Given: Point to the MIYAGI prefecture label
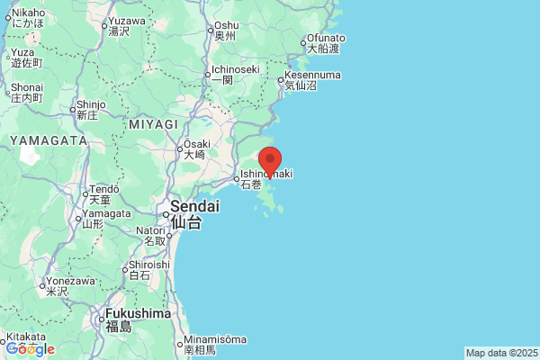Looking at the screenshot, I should (x=154, y=123).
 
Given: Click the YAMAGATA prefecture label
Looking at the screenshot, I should (x=49, y=140).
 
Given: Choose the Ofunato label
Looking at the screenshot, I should (x=326, y=38).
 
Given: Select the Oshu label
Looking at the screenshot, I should (x=226, y=26).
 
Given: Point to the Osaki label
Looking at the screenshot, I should (x=196, y=144).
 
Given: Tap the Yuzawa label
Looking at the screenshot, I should (x=126, y=21).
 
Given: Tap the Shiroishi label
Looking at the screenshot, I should (x=148, y=265).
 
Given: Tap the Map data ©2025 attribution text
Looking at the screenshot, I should (x=500, y=353).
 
